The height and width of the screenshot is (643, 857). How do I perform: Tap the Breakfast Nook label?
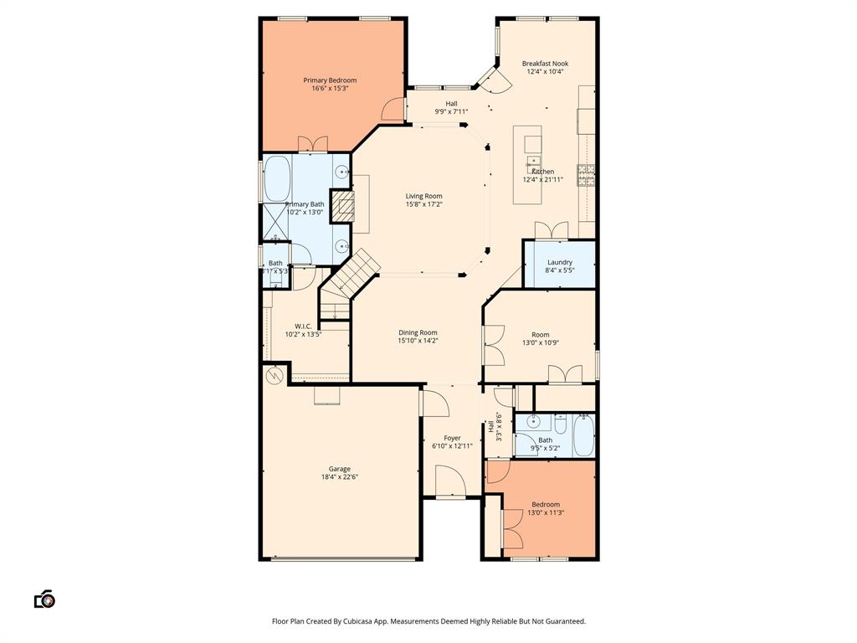click(545, 64)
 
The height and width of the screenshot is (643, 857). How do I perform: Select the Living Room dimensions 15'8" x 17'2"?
click(423, 204)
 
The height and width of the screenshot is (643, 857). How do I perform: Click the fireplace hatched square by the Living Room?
click(343, 206)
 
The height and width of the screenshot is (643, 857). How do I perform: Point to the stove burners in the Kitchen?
click(588, 175)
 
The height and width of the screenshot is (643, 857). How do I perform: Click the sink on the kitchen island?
click(532, 162)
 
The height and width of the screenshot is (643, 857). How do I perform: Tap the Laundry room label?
click(560, 262)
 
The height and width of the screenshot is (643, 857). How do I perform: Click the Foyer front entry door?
click(450, 484)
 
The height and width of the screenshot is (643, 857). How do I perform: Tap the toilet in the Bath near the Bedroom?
click(561, 424)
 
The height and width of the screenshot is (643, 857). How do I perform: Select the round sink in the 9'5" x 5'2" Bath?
click(533, 423)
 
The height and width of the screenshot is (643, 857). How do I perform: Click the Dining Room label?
click(418, 332)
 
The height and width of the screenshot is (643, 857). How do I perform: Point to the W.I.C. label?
click(303, 326)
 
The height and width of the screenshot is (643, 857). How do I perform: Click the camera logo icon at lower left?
click(44, 599)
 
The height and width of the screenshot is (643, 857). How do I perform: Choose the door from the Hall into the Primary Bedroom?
click(391, 109)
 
